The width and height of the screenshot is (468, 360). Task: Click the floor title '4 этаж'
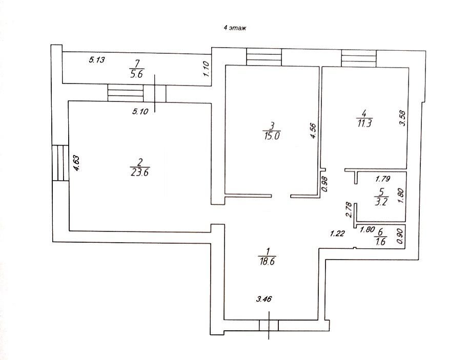[235, 28]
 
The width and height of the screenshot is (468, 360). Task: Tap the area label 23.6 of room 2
[140, 173]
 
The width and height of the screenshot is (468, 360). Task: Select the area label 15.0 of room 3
[272, 136]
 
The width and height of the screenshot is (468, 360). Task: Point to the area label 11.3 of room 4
[364, 123]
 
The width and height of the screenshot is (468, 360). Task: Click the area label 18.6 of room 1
[267, 262]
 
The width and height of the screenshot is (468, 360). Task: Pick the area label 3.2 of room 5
[381, 202]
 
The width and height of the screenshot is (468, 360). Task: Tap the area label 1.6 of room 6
[381, 241]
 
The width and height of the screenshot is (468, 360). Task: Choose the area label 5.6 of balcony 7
[136, 74]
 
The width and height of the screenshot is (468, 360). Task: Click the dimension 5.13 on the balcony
[97, 59]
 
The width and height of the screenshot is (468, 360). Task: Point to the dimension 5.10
[140, 112]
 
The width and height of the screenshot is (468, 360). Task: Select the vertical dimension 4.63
[76, 163]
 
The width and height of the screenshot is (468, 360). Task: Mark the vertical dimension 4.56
[313, 131]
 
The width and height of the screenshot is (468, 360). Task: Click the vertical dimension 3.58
[402, 118]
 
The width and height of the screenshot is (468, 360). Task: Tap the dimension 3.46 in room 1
[264, 299]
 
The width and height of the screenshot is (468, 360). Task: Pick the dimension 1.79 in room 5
[382, 179]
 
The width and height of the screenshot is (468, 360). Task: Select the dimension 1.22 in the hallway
[337, 233]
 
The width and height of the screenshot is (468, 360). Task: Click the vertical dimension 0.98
[325, 184]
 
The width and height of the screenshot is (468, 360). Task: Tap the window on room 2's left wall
[60, 162]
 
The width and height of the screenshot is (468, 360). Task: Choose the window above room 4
[359, 59]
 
